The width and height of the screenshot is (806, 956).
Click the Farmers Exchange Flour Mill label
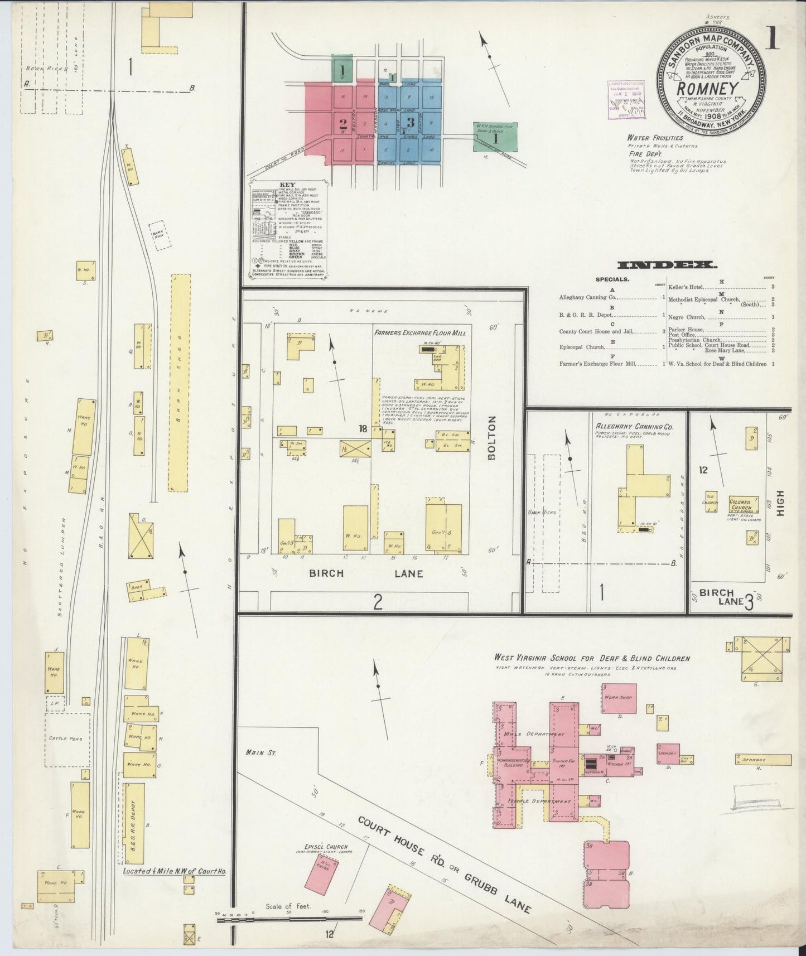click(420, 333)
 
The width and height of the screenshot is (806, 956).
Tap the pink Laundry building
click(668, 751)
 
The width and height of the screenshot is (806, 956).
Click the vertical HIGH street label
click(780, 503)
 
